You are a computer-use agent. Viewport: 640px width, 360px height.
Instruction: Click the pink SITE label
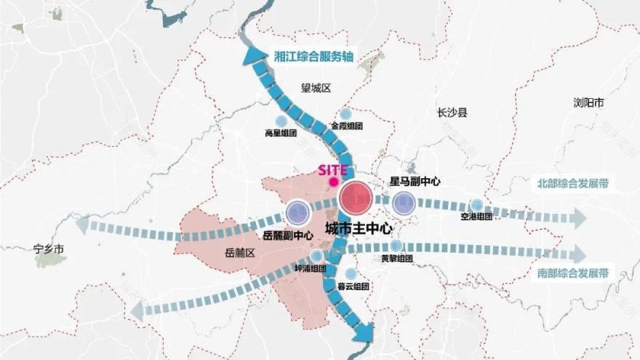click(333, 170)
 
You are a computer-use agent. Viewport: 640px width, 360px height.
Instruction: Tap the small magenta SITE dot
click(333, 182)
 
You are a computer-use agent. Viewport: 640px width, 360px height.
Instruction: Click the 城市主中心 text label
click(359, 228)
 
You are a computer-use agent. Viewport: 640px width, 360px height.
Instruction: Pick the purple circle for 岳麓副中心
click(297, 212)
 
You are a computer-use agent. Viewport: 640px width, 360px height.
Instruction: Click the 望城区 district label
click(316, 88)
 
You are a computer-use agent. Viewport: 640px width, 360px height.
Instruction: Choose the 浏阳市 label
click(588, 103)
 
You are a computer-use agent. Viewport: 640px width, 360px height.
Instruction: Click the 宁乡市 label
click(49, 249)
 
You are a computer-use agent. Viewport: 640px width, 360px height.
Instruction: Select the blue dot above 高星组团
click(281, 121)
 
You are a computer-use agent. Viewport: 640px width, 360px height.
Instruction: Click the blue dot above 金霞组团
click(346, 113)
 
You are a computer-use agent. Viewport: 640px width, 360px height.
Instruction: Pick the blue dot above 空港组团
click(476, 205)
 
